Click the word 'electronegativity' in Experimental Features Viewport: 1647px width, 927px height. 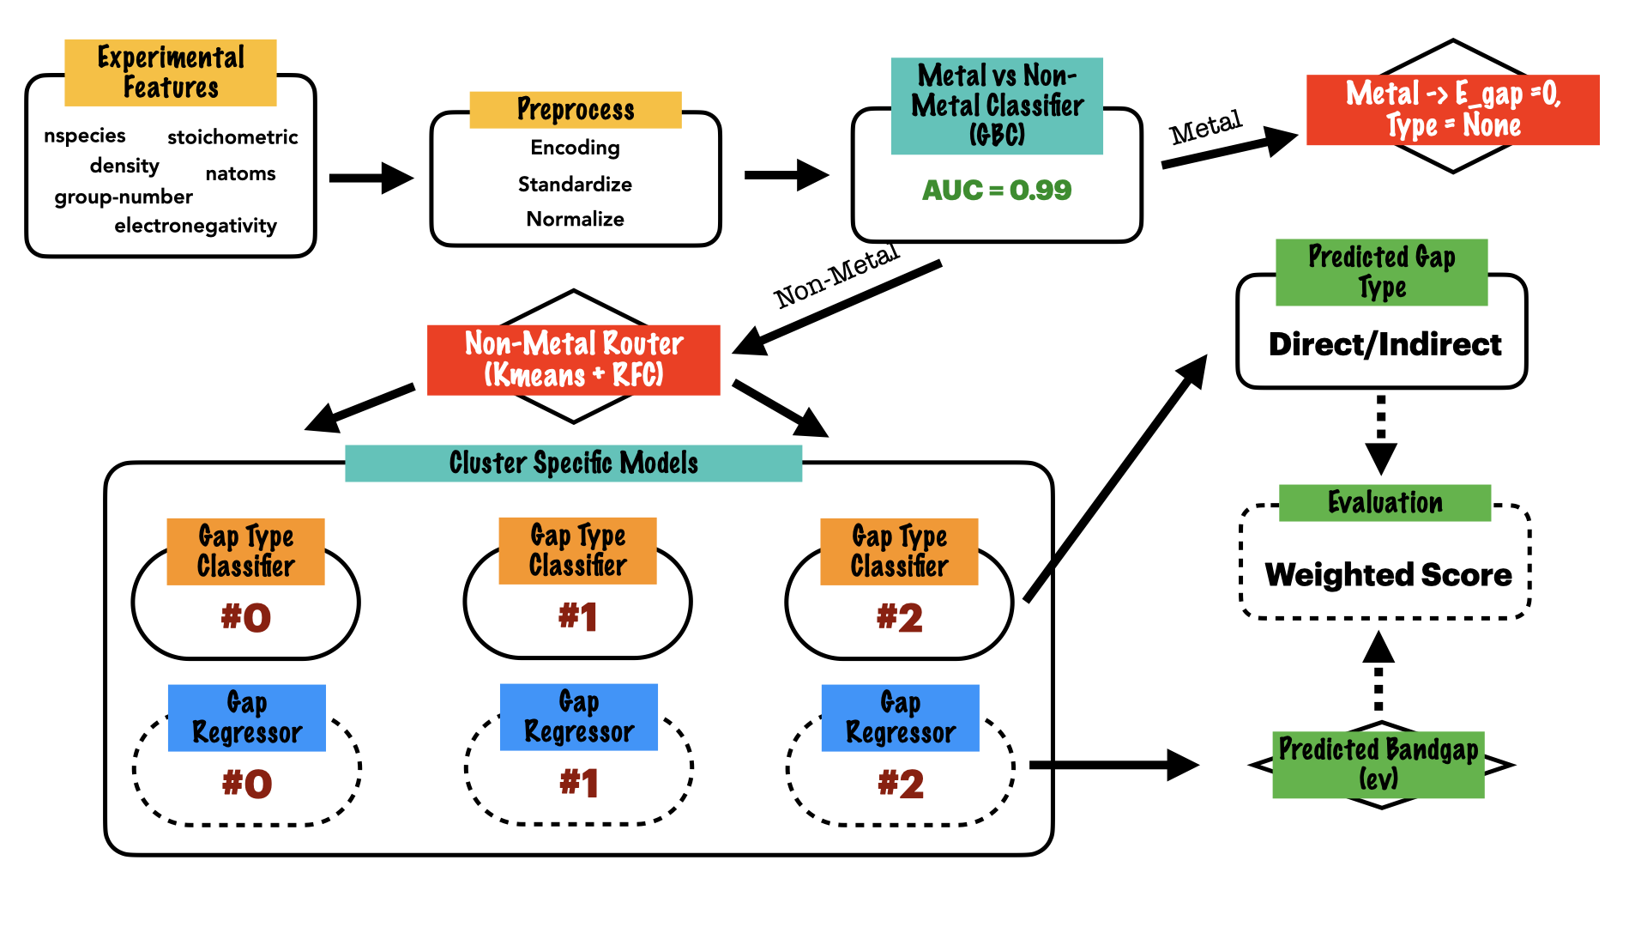pyautogui.click(x=196, y=226)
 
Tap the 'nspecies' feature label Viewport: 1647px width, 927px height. pyautogui.click(x=85, y=136)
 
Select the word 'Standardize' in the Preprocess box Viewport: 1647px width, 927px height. pyautogui.click(x=575, y=185)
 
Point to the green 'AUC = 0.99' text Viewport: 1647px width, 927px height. pyautogui.click(x=997, y=190)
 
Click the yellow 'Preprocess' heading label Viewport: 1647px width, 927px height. pyautogui.click(x=576, y=110)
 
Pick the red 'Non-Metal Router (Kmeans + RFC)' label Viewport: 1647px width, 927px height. pyautogui.click(x=573, y=360)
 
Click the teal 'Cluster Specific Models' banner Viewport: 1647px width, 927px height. pyautogui.click(x=573, y=463)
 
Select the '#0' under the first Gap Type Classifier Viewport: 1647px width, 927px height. pyautogui.click(x=246, y=618)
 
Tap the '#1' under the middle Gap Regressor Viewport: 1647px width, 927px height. pyautogui.click(x=579, y=784)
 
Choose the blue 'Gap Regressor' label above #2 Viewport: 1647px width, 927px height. pyautogui.click(x=900, y=718)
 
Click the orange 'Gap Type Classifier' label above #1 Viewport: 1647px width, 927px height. pyautogui.click(x=577, y=551)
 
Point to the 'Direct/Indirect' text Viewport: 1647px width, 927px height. pyautogui.click(x=1385, y=344)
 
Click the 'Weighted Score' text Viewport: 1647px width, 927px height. pyautogui.click(x=1388, y=574)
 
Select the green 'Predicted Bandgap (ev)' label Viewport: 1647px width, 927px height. pyautogui.click(x=1378, y=764)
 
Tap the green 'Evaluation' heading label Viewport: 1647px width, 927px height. pyautogui.click(x=1385, y=502)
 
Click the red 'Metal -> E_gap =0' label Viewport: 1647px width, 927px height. pyautogui.click(x=1452, y=109)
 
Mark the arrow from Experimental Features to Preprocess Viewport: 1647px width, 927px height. pyautogui.click(x=371, y=179)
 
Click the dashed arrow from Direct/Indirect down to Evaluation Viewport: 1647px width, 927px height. pyautogui.click(x=1381, y=433)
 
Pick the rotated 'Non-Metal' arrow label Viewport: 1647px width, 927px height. pyautogui.click(x=836, y=276)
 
